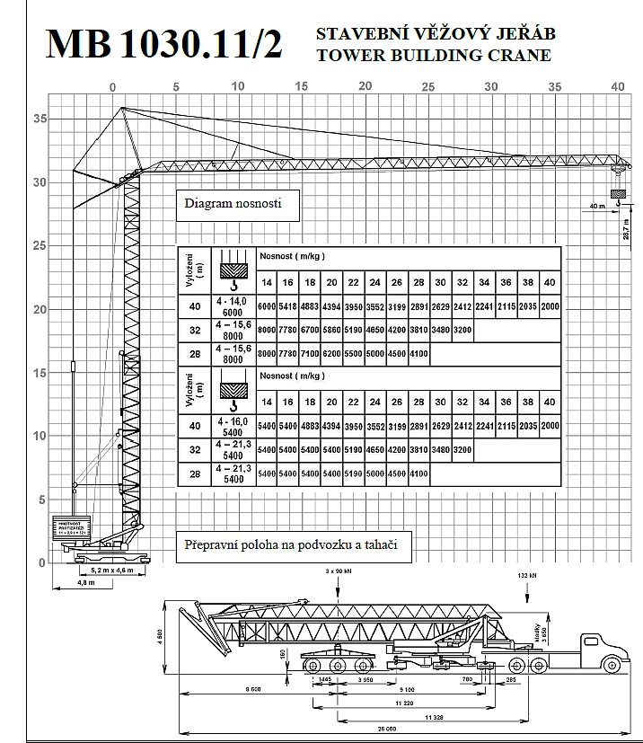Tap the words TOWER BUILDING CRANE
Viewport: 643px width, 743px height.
click(434, 55)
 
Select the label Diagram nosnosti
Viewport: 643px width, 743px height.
click(233, 204)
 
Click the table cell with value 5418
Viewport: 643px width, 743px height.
click(287, 306)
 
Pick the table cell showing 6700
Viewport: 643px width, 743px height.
click(310, 330)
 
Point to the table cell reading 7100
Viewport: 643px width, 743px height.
click(310, 354)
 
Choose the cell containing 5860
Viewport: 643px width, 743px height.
click(331, 330)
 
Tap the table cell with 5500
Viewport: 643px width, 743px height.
click(354, 354)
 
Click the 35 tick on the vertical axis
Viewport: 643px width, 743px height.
click(39, 118)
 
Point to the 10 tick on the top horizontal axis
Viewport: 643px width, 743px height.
click(237, 86)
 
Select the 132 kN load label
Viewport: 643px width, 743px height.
click(527, 573)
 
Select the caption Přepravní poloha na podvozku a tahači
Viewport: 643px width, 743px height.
click(291, 544)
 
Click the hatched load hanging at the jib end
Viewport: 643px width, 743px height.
click(617, 193)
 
